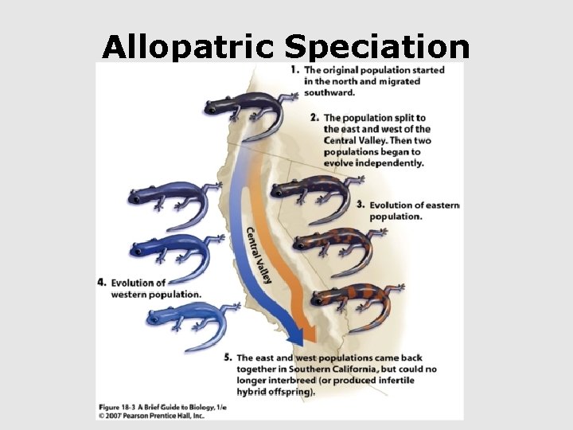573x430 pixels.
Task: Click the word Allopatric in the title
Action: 189,49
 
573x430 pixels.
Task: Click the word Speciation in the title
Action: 376,49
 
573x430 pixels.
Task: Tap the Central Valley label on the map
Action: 259,253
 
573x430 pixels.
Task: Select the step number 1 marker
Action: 294,70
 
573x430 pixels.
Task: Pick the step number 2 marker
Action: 315,118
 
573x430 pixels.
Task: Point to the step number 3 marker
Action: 361,205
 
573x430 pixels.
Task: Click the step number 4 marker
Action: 101,282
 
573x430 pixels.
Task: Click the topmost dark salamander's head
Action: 214,104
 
